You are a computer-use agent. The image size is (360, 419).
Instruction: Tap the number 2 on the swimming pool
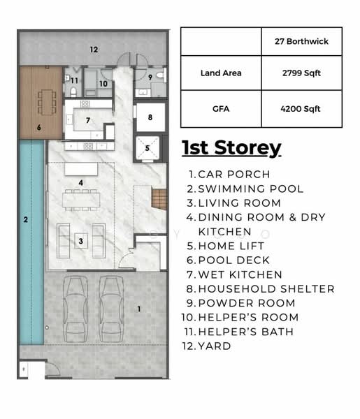(x=25, y=219)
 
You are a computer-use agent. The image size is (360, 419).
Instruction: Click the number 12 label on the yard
(x=93, y=49)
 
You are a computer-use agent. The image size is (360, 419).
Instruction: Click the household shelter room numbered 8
(x=150, y=118)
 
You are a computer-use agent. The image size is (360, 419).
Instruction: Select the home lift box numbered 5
(x=147, y=148)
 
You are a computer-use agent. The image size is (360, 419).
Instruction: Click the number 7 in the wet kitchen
(x=88, y=120)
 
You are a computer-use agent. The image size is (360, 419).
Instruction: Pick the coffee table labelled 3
(x=82, y=242)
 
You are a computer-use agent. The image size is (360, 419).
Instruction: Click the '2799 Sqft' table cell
(x=301, y=73)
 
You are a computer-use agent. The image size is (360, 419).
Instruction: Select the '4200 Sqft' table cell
(x=301, y=109)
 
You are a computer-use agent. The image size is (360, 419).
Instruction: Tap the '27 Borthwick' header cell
(x=301, y=41)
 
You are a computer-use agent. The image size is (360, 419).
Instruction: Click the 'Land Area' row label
(x=220, y=73)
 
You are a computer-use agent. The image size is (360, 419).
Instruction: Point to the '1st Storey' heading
(x=231, y=148)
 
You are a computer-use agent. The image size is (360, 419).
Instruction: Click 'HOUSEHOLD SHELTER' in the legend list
(x=266, y=288)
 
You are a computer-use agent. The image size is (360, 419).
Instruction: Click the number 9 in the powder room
(x=150, y=77)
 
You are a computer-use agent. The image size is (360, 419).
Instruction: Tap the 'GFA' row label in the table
(x=220, y=109)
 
